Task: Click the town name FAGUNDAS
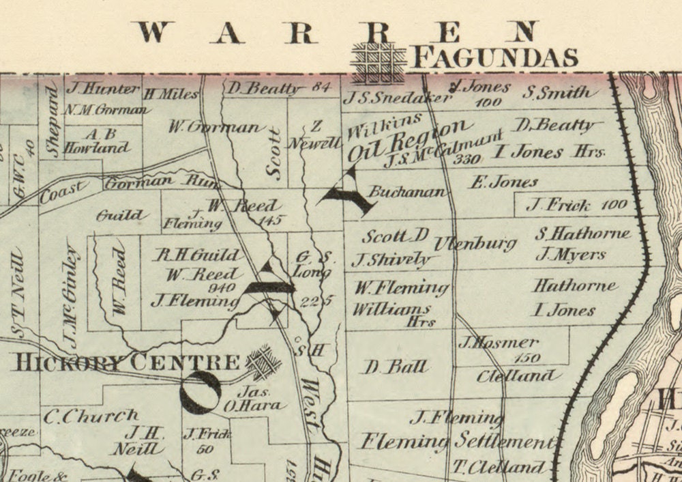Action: point(496,57)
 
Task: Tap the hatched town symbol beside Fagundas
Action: point(379,62)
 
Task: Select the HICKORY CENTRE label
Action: point(127,363)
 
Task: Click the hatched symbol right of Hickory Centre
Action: point(263,362)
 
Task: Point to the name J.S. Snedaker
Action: point(397,98)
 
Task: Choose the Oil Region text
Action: point(409,140)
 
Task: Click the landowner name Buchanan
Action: point(407,192)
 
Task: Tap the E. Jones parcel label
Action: point(504,182)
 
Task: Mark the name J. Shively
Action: point(391,259)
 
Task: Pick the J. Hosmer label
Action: point(499,343)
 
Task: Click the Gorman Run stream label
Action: point(157,182)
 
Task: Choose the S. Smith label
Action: point(557,92)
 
